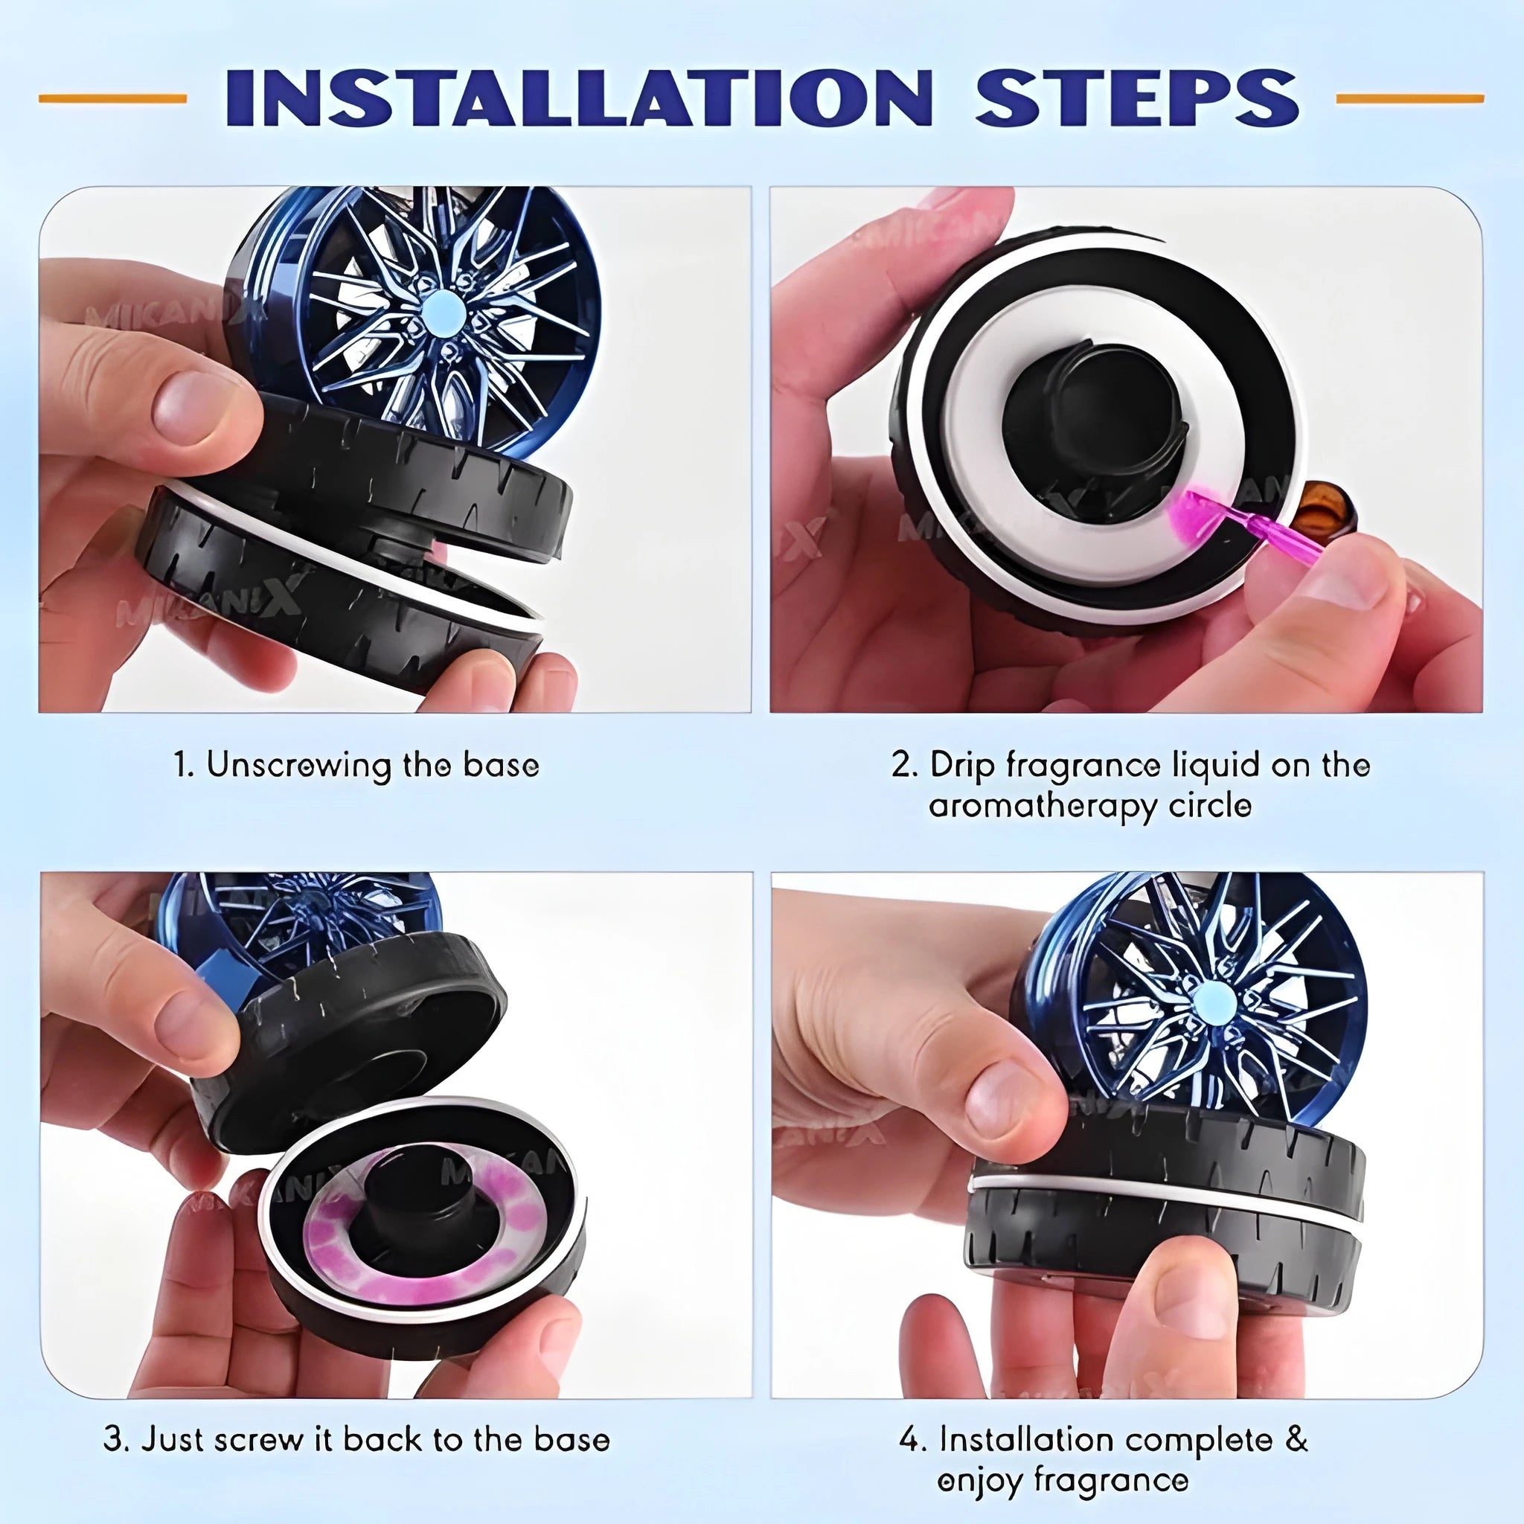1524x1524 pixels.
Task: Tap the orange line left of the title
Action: (113, 99)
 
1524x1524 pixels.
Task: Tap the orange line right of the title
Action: (1410, 99)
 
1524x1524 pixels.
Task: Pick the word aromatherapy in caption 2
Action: (1039, 807)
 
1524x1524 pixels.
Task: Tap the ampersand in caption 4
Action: (1296, 1441)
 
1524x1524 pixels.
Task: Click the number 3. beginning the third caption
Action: (116, 1440)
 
